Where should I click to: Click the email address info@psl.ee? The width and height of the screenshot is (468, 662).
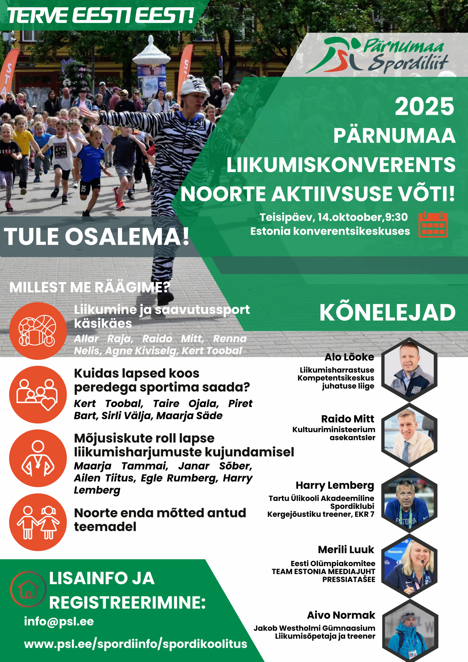59,622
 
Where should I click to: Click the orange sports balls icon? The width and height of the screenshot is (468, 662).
38,331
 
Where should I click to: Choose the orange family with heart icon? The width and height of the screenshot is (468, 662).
38,394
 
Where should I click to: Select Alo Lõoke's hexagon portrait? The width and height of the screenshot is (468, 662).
410,370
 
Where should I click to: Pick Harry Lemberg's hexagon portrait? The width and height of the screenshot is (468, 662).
410,501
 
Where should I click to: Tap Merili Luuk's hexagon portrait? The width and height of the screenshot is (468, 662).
410,566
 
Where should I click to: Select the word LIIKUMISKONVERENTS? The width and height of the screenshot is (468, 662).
341,165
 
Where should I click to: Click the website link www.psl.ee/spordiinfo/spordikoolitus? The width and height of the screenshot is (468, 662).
135,644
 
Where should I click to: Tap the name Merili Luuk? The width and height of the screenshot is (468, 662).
346,550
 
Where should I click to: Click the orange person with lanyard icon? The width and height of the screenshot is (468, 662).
38,458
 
